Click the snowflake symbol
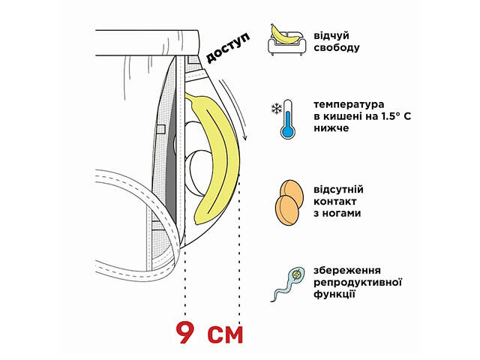click(275, 109)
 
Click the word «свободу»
click(337, 48)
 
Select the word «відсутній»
click(337, 188)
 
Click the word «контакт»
click(334, 201)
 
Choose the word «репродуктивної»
click(360, 281)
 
